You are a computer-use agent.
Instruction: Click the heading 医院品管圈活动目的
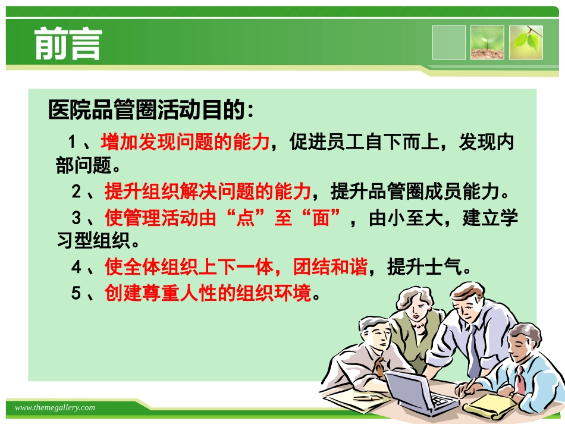pos(151,110)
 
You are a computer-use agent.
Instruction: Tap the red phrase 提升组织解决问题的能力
pos(208,191)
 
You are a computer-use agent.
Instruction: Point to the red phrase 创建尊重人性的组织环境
pos(208,293)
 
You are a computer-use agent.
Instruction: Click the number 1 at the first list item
pos(73,143)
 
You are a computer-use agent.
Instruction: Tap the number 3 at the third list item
pos(76,218)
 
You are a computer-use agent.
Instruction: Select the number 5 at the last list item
pos(76,293)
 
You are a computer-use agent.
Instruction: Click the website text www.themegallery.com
pos(55,407)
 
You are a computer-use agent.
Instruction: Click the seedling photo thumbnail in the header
pos(487,42)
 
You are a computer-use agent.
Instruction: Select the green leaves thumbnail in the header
pos(526,42)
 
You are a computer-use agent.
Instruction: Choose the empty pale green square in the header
pos(449,42)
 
